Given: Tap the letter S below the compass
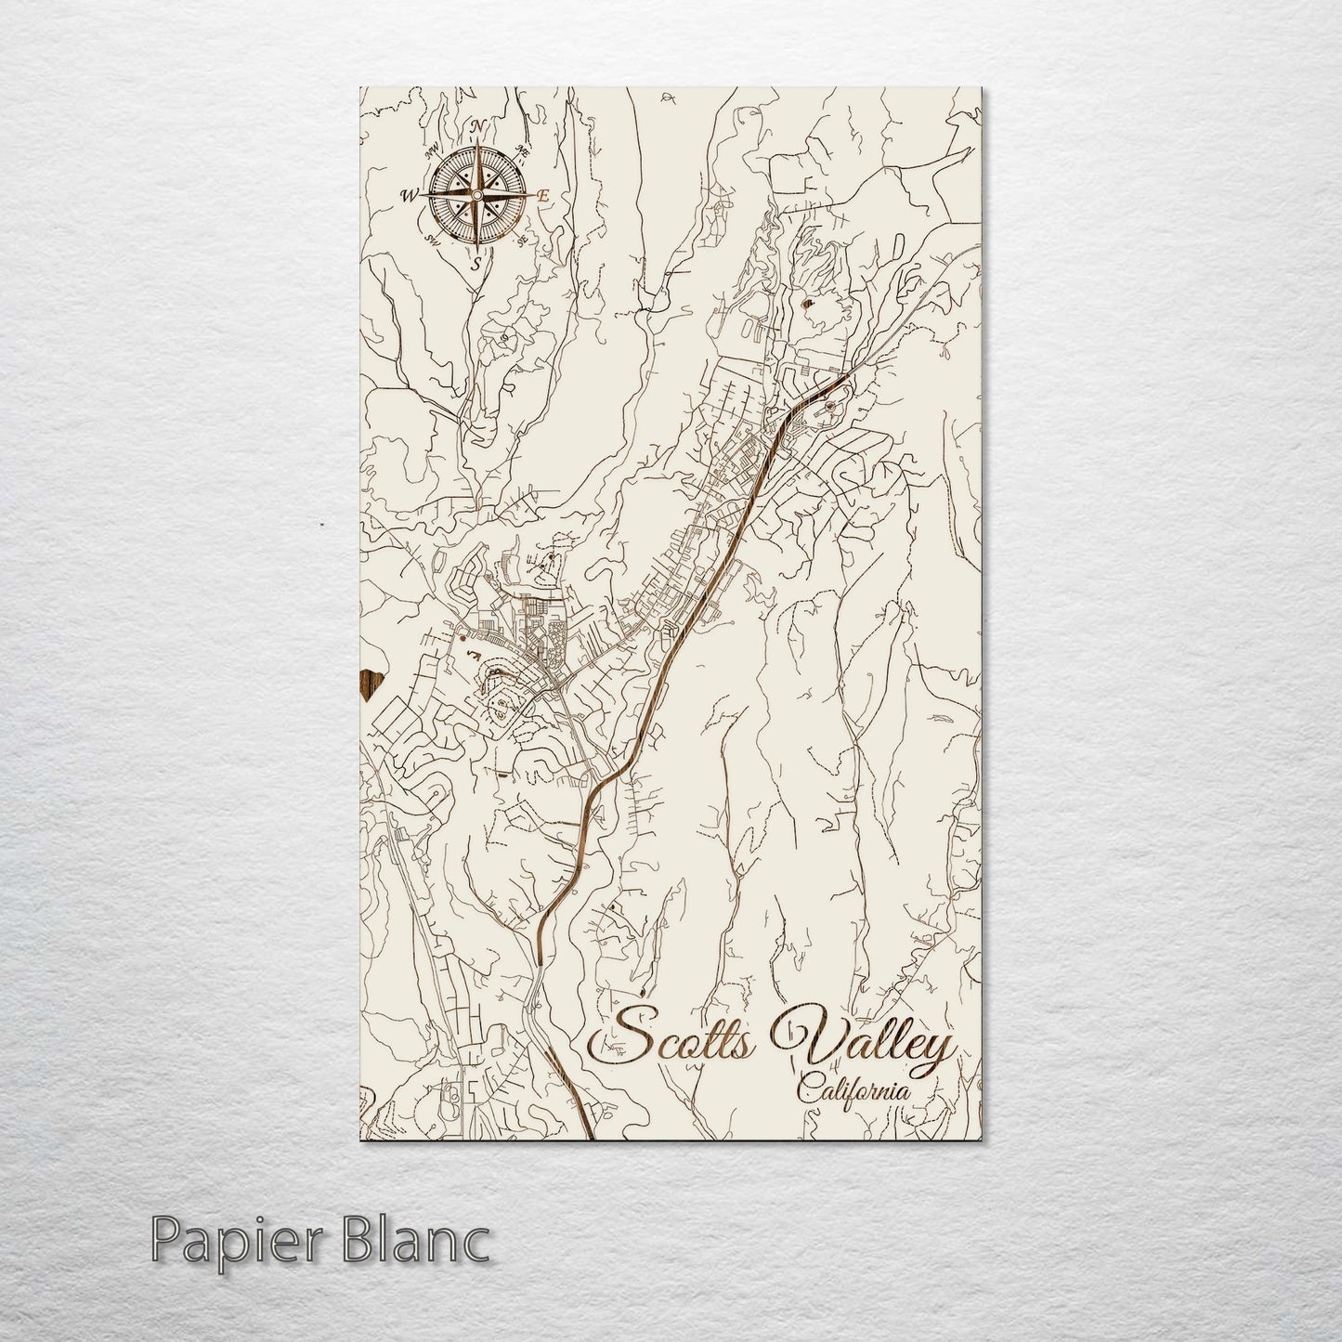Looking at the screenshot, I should pyautogui.click(x=476, y=264).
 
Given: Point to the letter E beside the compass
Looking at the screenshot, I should pyautogui.click(x=545, y=195).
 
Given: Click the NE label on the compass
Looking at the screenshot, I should pyautogui.click(x=523, y=150).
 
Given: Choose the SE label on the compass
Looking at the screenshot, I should pyautogui.click(x=523, y=240).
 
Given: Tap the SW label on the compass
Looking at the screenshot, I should pyautogui.click(x=432, y=240).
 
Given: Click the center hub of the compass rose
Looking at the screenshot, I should pyautogui.click(x=477, y=195).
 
